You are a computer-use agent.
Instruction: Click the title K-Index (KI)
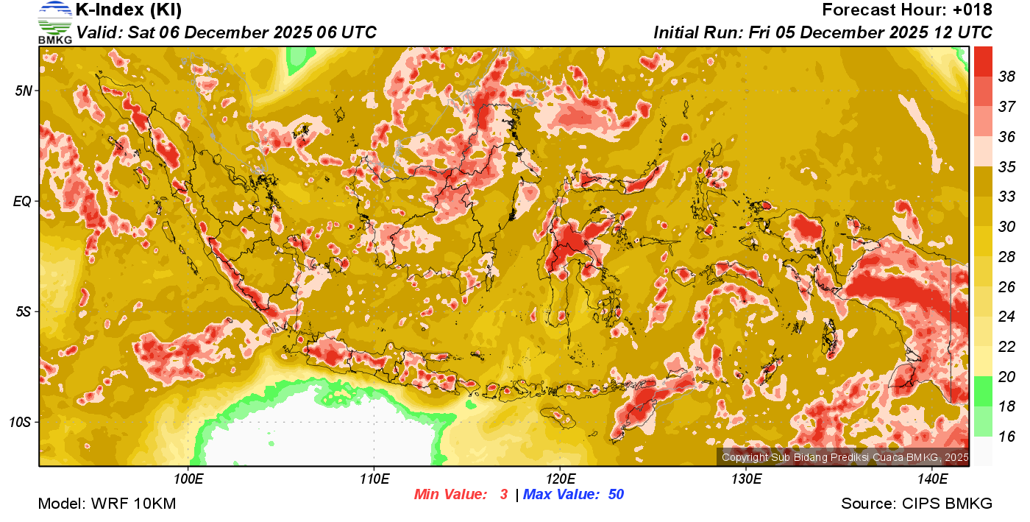[129, 10]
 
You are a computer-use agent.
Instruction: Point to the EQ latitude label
[22, 201]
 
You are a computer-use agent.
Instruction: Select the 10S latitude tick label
[20, 422]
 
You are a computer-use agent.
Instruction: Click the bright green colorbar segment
[983, 391]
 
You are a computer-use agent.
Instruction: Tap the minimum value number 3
[504, 495]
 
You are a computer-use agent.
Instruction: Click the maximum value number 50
[616, 495]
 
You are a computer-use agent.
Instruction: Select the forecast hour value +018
[973, 10]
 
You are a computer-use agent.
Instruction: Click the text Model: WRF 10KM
[107, 504]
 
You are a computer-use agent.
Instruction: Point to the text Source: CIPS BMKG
[917, 504]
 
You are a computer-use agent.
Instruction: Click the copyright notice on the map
[845, 458]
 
